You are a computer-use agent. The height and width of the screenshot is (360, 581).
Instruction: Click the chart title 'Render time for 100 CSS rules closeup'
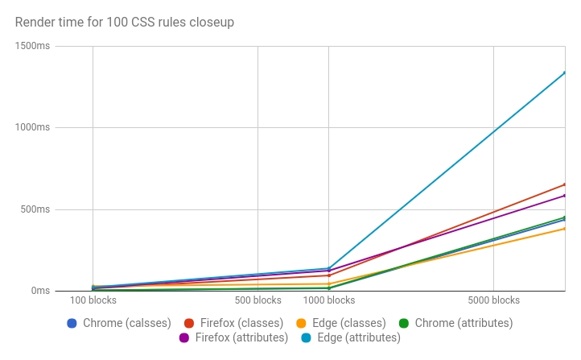coord(125,23)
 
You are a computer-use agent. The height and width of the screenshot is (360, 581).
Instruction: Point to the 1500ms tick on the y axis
coord(33,46)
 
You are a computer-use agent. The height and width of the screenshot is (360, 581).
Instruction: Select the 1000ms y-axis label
coord(33,127)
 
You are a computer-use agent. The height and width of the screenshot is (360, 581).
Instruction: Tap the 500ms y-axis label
coord(35,209)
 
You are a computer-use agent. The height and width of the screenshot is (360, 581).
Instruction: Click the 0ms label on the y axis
coord(39,291)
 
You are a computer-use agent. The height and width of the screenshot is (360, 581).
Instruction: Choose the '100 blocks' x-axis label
coord(93,300)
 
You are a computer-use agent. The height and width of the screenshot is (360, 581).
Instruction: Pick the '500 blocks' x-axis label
coord(258,300)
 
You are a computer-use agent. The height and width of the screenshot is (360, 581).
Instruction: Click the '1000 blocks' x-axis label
coord(328,300)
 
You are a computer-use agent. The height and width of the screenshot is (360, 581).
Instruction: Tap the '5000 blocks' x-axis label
coord(493,300)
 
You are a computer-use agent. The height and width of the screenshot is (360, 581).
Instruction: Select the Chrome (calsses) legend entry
coord(118,323)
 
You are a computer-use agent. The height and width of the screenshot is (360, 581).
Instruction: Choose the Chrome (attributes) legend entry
coord(455,323)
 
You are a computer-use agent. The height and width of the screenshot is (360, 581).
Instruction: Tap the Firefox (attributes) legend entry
coord(233,337)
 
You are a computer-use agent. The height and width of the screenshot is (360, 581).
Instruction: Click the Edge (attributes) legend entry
coord(350,337)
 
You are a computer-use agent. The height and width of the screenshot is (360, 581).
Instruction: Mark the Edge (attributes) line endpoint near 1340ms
coord(564,72)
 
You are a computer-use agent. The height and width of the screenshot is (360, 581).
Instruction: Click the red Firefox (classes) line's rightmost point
coord(564,184)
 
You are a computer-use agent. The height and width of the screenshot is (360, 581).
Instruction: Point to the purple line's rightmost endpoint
coord(564,196)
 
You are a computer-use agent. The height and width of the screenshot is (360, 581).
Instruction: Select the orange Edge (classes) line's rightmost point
coord(564,229)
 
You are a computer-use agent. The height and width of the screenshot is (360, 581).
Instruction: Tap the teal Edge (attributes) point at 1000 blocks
coord(328,268)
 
